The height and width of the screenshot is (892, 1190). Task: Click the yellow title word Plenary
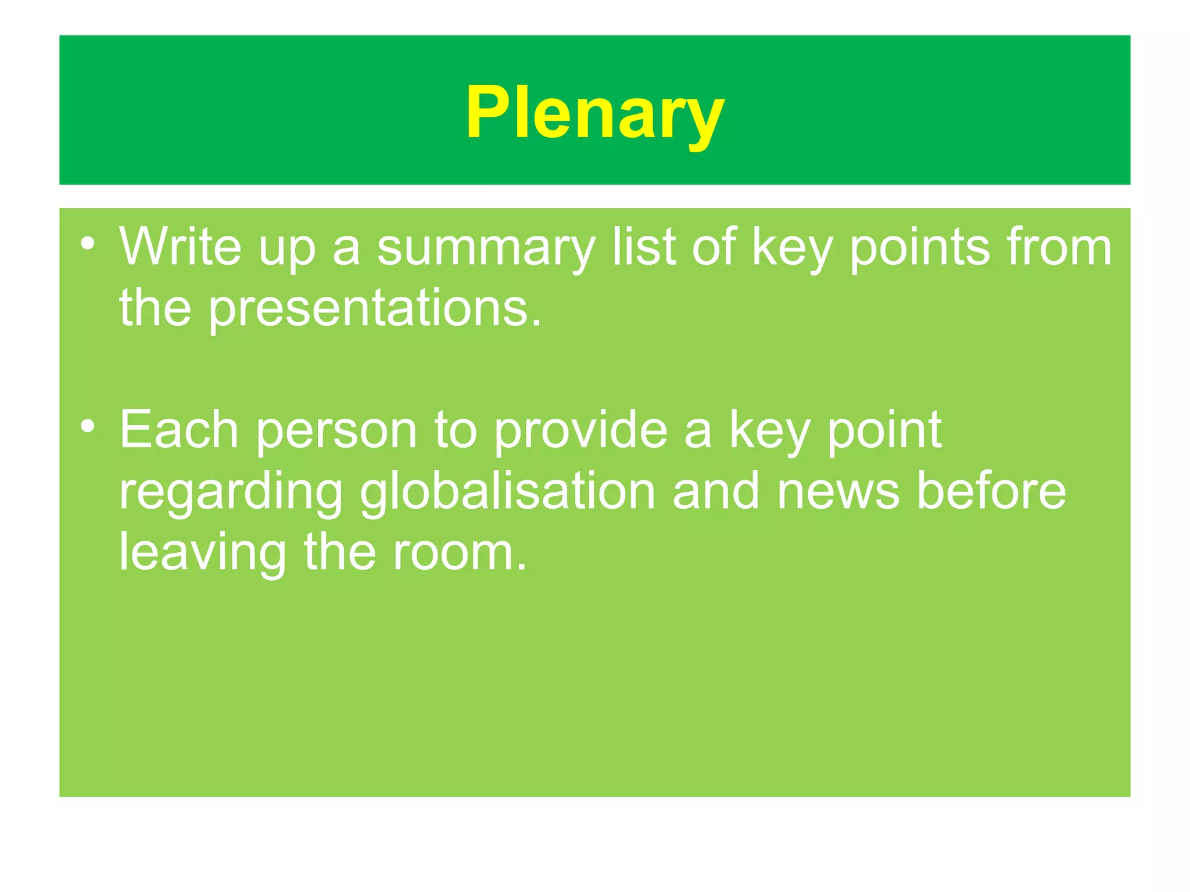[594, 113]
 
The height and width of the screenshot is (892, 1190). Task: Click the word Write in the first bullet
[180, 247]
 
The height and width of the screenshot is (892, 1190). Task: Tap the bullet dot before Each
[88, 427]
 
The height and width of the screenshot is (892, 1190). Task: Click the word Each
[179, 430]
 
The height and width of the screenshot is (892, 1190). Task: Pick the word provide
[581, 431]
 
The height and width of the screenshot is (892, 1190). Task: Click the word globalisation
[507, 492]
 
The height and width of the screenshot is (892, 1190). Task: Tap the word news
[838, 492]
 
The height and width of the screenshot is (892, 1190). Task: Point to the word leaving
[203, 554]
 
